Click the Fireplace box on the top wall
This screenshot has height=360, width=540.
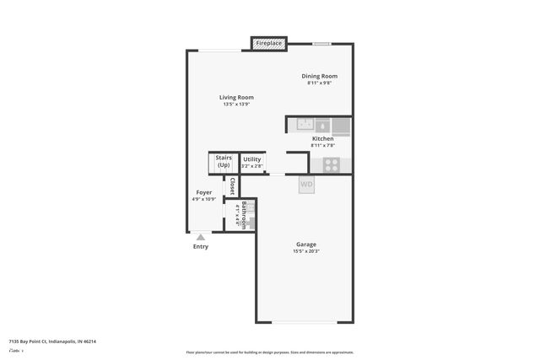[x=269, y=42]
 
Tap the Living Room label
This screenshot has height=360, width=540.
[x=238, y=97]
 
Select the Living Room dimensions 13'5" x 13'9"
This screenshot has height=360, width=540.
[x=238, y=105]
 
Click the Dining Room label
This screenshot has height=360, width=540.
[x=320, y=76]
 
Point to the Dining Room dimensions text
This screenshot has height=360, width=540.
[x=320, y=83]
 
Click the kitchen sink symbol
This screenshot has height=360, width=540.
[x=305, y=126]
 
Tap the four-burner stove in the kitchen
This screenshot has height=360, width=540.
[x=332, y=164]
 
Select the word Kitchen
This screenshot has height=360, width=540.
[x=322, y=138]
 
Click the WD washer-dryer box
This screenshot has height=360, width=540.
[x=306, y=184]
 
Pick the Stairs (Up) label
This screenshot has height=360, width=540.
[x=224, y=161]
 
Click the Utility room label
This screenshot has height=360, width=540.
[x=251, y=159]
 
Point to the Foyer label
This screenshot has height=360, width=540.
[x=204, y=192]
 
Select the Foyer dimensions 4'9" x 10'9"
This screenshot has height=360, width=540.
[x=204, y=199]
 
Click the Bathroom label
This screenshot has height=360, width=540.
[x=245, y=216]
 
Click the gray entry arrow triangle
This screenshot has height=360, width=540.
[x=200, y=238]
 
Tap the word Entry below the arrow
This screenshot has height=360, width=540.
[x=200, y=247]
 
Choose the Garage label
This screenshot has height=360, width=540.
[x=305, y=244]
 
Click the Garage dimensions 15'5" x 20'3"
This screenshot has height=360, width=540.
[x=305, y=251]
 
